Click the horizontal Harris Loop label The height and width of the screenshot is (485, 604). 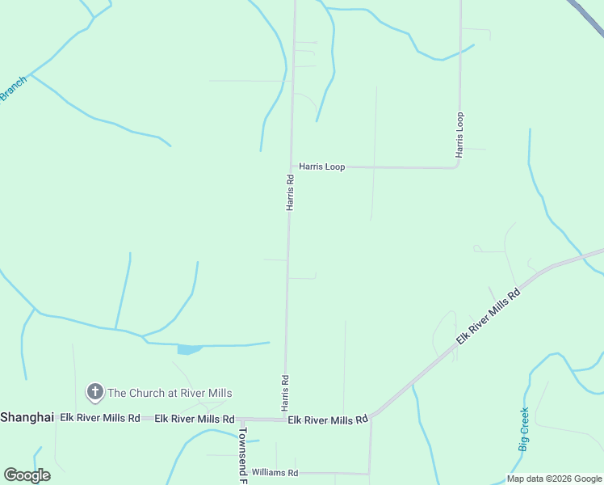click(321, 167)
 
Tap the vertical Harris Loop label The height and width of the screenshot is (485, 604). click(459, 134)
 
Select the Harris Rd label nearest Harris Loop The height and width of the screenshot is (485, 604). click(289, 192)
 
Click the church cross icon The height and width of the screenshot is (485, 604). click(94, 393)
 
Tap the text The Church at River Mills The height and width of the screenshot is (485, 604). click(170, 393)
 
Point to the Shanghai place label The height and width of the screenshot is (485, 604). click(27, 417)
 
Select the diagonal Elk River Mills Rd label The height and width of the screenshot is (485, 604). click(488, 315)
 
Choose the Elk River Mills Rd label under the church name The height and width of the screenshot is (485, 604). click(194, 419)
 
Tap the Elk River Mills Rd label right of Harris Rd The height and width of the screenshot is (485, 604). click(328, 420)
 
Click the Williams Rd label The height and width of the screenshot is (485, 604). click(275, 472)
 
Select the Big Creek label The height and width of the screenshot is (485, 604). click(523, 429)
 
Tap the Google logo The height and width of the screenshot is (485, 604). click(27, 475)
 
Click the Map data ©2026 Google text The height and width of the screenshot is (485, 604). click(554, 479)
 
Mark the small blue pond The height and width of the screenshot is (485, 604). click(190, 349)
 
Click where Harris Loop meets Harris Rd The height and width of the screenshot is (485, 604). click(291, 167)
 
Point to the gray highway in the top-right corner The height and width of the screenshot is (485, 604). click(589, 15)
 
